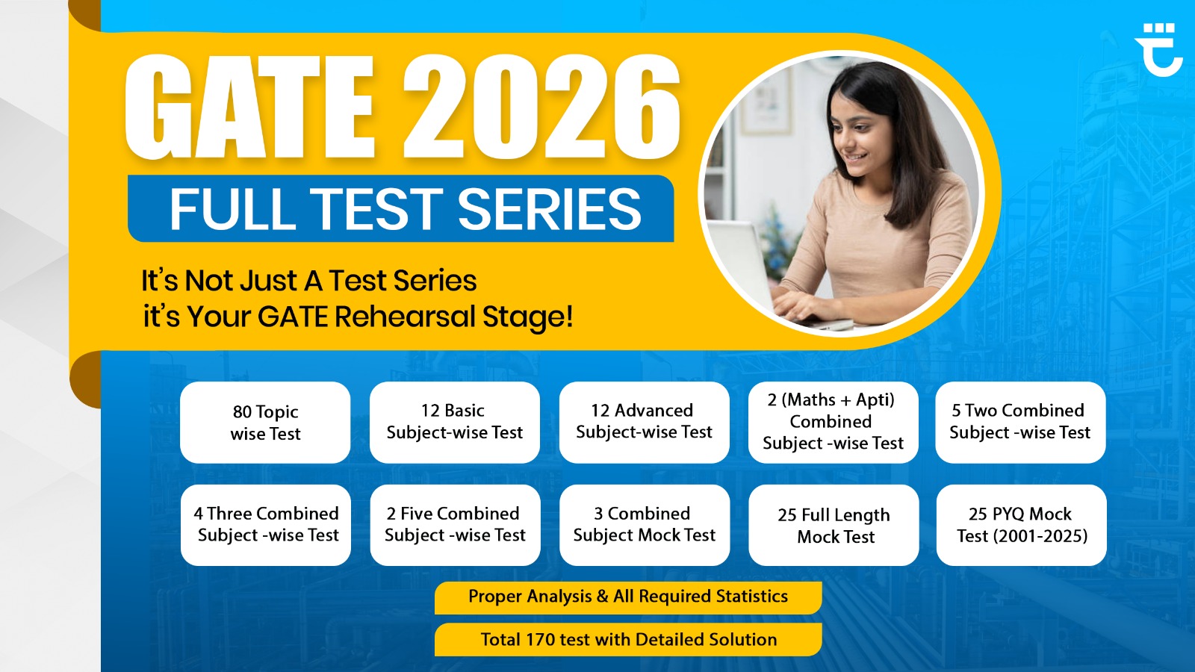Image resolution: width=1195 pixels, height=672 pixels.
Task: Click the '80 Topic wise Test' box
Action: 265,423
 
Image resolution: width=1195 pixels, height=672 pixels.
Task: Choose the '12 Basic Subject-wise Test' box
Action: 454,422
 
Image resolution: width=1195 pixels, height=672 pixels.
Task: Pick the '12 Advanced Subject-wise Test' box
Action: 644,422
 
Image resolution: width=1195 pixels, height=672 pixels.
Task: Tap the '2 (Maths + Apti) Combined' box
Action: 833,422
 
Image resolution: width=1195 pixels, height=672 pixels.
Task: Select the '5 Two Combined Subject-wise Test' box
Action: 1020,422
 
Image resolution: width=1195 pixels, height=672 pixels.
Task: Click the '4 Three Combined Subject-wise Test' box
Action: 266,525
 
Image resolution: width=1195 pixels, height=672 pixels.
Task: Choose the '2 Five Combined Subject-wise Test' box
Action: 455,525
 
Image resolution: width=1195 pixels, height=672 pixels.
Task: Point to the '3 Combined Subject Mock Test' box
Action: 644,525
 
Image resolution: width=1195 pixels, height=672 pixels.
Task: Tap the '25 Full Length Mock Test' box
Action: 834,526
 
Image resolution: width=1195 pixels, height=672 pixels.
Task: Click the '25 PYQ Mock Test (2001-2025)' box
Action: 1021,525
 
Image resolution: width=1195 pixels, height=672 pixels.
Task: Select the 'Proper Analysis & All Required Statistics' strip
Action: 628,597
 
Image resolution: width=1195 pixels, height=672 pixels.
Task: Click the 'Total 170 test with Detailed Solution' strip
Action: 628,640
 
